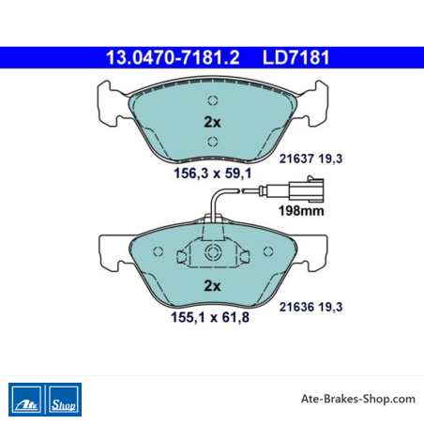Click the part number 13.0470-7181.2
tap(173, 57)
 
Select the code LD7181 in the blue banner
tap(295, 57)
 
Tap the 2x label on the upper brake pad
tap(212, 122)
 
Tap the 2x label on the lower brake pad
tap(212, 285)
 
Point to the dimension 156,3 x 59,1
tap(213, 174)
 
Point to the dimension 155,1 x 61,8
tap(210, 317)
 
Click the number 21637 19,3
tap(310, 159)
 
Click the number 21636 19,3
tap(310, 307)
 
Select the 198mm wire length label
tap(301, 211)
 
